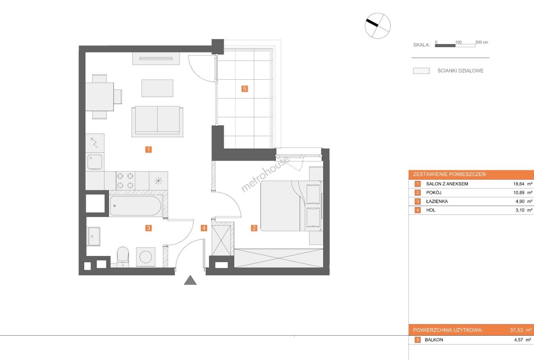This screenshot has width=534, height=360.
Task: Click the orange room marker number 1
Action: (148, 150)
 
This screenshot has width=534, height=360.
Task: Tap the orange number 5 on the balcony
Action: (245, 89)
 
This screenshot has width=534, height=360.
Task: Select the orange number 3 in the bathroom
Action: (148, 228)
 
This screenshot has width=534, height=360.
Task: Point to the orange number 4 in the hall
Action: (204, 228)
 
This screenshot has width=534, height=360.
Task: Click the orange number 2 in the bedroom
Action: (254, 228)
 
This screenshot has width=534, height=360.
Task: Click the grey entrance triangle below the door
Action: (190, 280)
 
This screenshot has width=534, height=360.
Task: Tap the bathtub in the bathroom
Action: (136, 206)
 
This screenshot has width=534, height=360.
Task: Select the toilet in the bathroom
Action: (123, 257)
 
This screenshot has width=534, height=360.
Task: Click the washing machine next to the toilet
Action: (146, 257)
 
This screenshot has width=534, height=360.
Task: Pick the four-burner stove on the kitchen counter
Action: (125, 181)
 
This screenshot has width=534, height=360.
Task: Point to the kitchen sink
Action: (95, 162)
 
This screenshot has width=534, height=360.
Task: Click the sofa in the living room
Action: (157, 121)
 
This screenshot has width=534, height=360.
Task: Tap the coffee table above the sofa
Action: (157, 88)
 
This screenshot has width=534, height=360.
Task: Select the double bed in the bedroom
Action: (291, 206)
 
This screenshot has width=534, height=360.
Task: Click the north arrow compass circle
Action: (378, 26)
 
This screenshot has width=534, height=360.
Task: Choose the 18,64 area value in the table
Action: (519, 184)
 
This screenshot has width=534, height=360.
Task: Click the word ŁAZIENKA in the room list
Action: (437, 201)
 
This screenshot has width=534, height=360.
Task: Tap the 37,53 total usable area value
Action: (516, 330)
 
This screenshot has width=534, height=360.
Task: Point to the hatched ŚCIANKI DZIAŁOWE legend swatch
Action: (421, 71)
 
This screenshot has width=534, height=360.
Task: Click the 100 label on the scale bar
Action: (458, 42)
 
